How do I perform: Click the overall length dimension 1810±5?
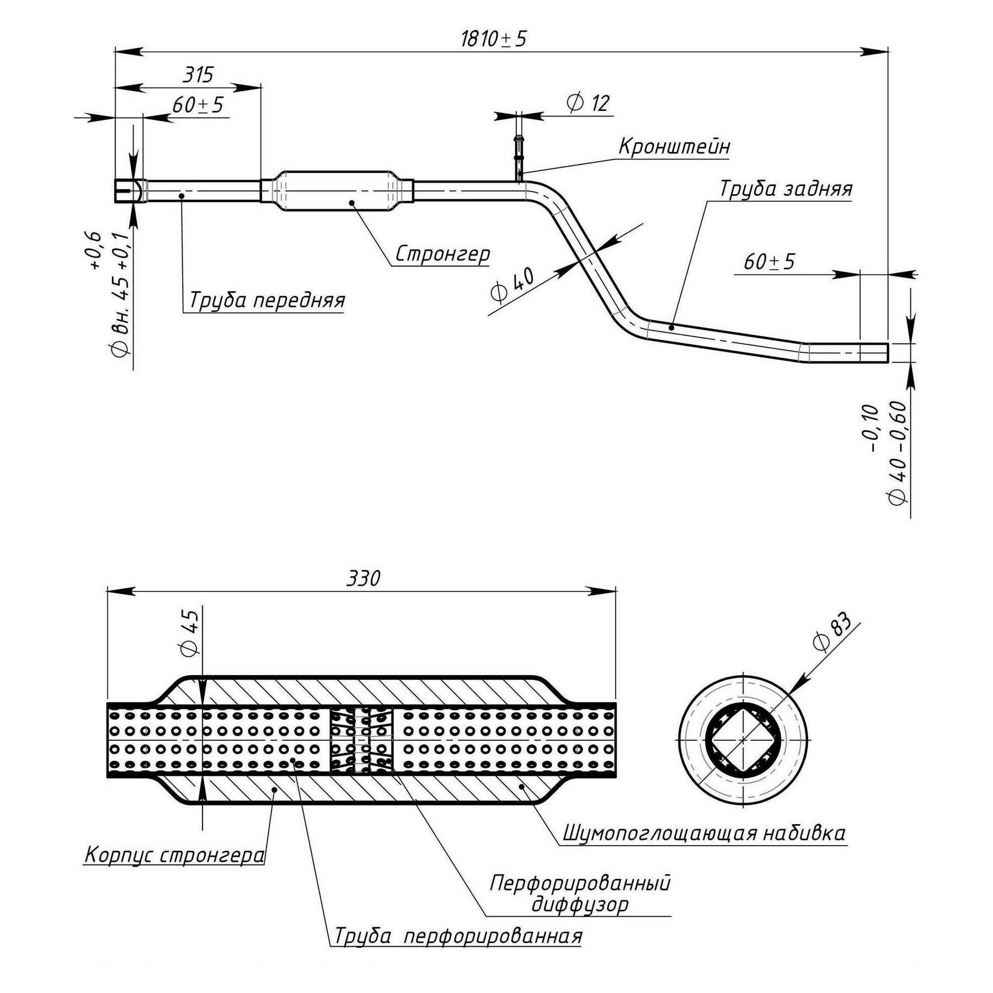coord(494,39)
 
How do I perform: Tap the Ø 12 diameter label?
coord(588,103)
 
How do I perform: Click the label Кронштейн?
coord(674,147)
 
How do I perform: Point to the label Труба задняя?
coord(786,189)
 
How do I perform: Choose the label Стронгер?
coord(442,254)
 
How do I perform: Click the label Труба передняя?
coord(267,301)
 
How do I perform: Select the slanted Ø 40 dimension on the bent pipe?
coord(512,285)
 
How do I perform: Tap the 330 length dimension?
coord(363,578)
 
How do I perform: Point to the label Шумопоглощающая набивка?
coord(704,833)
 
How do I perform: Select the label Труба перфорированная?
coord(458,936)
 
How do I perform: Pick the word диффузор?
coord(580,905)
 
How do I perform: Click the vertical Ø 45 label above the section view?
coord(189,633)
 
